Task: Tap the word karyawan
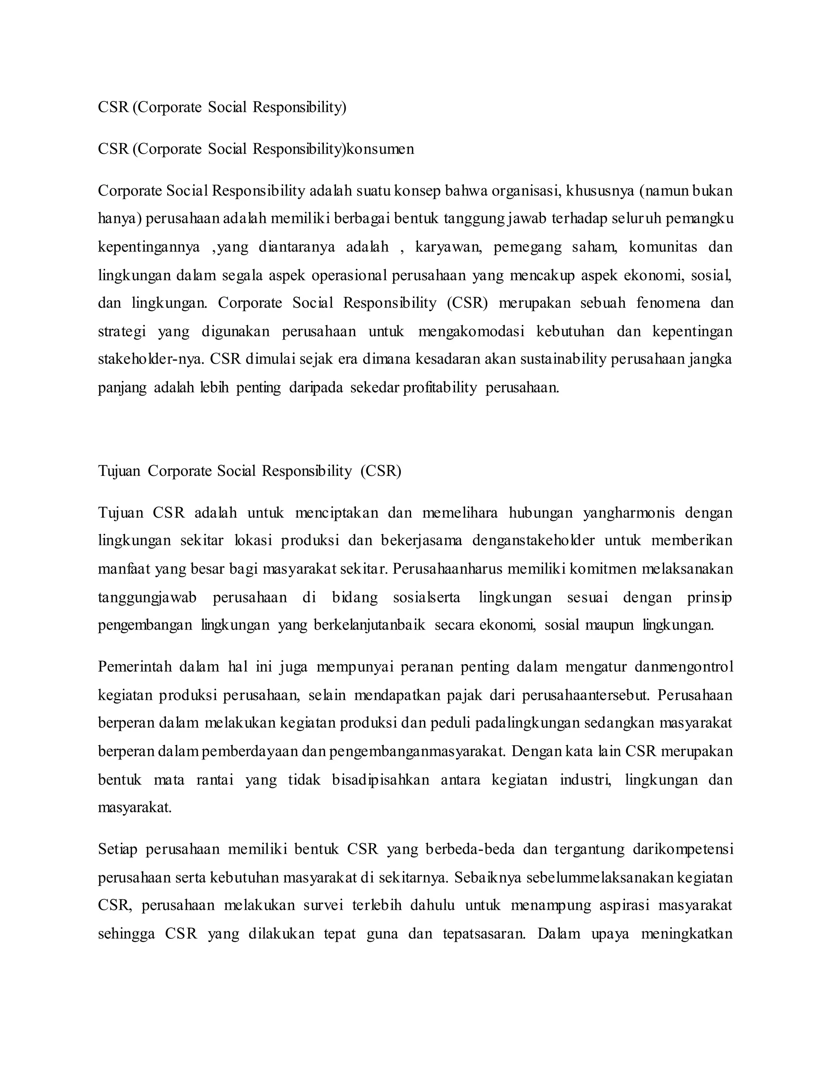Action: pyautogui.click(x=448, y=247)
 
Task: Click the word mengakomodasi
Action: pyautogui.click(x=471, y=332)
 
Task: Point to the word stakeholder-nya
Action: pyautogui.click(x=151, y=359)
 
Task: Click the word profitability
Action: pyautogui.click(x=439, y=388)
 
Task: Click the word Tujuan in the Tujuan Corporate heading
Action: pyautogui.click(x=118, y=471)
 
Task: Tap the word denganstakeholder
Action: pyautogui.click(x=533, y=541)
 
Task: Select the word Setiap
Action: pyautogui.click(x=117, y=849)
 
